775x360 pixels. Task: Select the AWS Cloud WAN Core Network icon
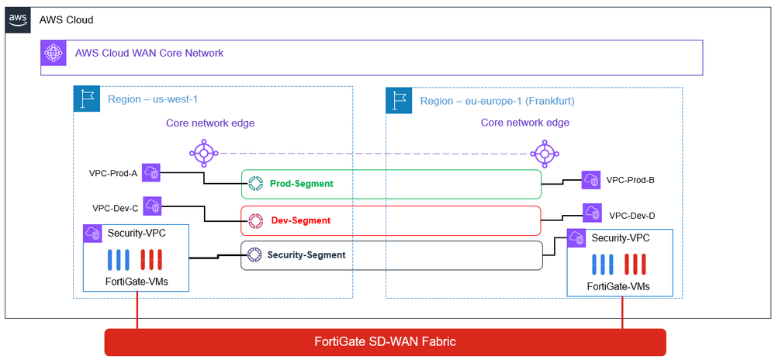pyautogui.click(x=54, y=53)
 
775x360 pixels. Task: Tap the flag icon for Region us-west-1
pyautogui.click(x=86, y=100)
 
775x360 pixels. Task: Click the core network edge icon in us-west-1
pyautogui.click(x=202, y=151)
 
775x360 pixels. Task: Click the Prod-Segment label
pyautogui.click(x=302, y=184)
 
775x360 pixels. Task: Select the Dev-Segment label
pyautogui.click(x=299, y=220)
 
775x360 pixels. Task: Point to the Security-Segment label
pyautogui.click(x=306, y=254)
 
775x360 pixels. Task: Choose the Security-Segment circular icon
pyautogui.click(x=254, y=254)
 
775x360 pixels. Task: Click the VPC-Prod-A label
pyautogui.click(x=113, y=173)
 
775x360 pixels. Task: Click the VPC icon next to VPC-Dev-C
pyautogui.click(x=153, y=206)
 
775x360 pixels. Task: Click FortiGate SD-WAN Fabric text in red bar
pyautogui.click(x=386, y=342)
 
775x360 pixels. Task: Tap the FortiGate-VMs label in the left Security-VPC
pyautogui.click(x=136, y=280)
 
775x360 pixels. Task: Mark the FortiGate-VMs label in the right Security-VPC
pyautogui.click(x=618, y=286)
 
